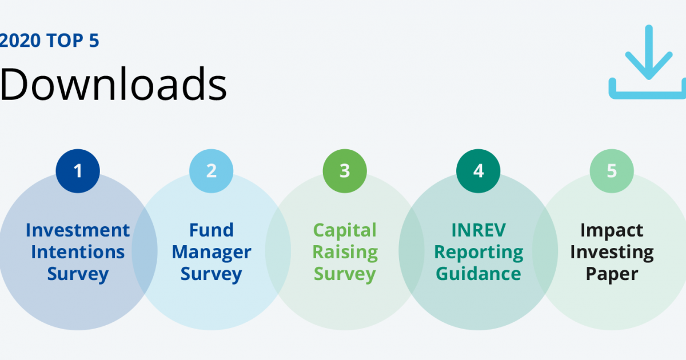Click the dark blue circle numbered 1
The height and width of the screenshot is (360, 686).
(x=78, y=170)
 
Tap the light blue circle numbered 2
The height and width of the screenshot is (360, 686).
(x=212, y=170)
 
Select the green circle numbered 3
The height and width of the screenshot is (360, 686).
(x=345, y=170)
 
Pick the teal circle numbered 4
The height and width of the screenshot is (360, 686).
(x=478, y=170)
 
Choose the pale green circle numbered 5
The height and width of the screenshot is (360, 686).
(x=612, y=170)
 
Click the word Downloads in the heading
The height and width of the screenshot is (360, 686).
(x=113, y=85)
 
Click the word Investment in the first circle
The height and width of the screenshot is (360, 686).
(x=78, y=230)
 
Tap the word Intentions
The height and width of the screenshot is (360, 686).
(x=78, y=252)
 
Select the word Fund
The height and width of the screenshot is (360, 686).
(x=212, y=230)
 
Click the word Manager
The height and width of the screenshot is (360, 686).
(x=212, y=252)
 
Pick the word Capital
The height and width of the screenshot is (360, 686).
(x=345, y=230)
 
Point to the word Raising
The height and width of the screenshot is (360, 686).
(x=345, y=252)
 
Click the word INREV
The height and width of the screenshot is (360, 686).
(x=478, y=230)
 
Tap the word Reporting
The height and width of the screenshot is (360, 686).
(x=478, y=252)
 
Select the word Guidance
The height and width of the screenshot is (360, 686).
(x=478, y=274)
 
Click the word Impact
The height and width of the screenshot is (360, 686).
(x=612, y=230)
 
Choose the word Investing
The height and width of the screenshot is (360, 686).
(x=612, y=252)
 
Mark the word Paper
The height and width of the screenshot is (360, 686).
(x=612, y=274)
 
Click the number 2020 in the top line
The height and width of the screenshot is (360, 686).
(x=17, y=41)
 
